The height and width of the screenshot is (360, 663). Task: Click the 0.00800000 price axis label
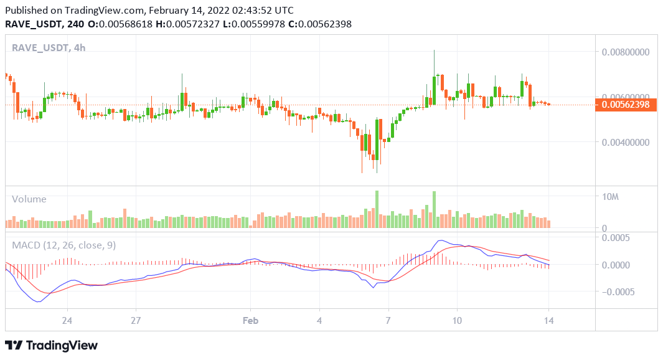[x=626, y=52]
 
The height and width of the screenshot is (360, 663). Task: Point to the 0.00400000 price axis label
[x=626, y=142]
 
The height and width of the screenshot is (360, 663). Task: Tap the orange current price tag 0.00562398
[x=625, y=105]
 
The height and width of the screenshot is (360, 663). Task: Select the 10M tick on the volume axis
[x=609, y=197]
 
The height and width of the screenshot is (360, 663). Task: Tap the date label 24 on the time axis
[x=67, y=321]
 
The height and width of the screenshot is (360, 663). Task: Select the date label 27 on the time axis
[x=136, y=321]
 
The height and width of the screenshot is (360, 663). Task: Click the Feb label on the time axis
[x=250, y=321]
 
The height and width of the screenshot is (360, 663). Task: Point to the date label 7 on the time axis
[x=388, y=321]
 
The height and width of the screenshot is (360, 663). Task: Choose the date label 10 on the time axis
[x=457, y=321]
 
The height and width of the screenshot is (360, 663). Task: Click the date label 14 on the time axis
[x=548, y=321]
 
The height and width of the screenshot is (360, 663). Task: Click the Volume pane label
[x=29, y=199]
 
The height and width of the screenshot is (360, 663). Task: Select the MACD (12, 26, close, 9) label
[x=64, y=245]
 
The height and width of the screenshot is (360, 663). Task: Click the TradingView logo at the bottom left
[x=51, y=345]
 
